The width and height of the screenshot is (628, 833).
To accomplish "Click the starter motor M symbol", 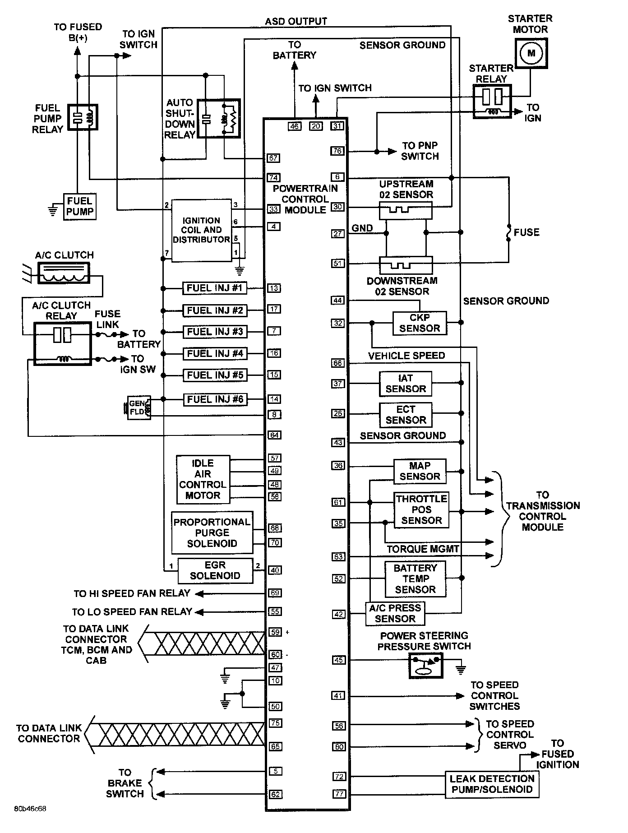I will (531, 53).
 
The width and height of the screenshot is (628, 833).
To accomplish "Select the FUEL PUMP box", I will (79, 207).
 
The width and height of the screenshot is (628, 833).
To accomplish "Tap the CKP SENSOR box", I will (419, 323).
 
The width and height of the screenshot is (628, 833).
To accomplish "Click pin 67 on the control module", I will (273, 158).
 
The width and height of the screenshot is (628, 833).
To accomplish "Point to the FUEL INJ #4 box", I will (215, 353).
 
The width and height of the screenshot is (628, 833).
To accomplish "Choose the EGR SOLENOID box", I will (215, 570).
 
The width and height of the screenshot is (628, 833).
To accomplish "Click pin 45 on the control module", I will (338, 660).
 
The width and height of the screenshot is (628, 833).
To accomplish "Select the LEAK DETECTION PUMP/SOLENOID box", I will (492, 784).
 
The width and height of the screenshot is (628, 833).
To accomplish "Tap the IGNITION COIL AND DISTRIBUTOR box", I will (201, 230).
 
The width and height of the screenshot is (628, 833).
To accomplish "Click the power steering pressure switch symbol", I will (426, 665).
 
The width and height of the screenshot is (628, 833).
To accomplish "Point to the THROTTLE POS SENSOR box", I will (421, 510).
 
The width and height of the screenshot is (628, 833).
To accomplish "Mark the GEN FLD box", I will (138, 407).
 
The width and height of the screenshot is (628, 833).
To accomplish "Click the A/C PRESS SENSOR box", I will (395, 613).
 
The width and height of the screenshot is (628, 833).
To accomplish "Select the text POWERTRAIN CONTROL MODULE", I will (305, 199).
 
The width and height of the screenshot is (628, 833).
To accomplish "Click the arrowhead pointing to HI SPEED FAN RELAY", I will (199, 593).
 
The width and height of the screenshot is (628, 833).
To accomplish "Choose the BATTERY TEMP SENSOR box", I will (415, 578).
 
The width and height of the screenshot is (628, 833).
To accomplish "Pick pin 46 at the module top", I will (295, 126).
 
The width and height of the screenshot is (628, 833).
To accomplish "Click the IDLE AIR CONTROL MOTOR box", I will (203, 479).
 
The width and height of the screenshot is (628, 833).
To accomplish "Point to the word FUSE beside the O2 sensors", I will (526, 232).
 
